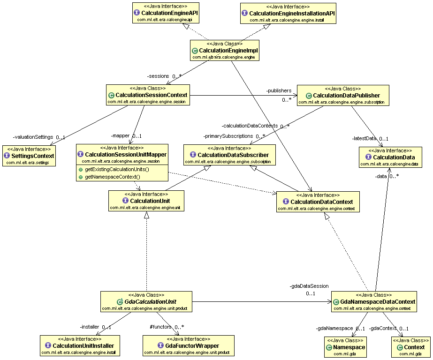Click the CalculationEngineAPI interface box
coord(166,13)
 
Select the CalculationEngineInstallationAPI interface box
coord(288,13)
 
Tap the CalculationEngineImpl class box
coord(225,51)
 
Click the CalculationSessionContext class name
coord(152,95)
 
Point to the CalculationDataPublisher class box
coord(343,96)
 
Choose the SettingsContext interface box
coord(29,156)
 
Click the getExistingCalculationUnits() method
coord(117,169)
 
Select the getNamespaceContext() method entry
coord(113,177)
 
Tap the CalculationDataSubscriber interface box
coord(229,155)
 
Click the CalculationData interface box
coord(390,157)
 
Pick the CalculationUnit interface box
coord(146,201)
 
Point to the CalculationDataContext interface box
coord(318,202)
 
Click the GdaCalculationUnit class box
coord(146,302)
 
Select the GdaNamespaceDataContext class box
coord(374,302)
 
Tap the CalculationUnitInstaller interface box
coord(80,345)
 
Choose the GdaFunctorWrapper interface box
coord(189,345)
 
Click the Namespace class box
coord(345,347)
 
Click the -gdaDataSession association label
coord(309,286)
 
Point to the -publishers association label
coord(279,90)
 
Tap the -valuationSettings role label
coord(33,137)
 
